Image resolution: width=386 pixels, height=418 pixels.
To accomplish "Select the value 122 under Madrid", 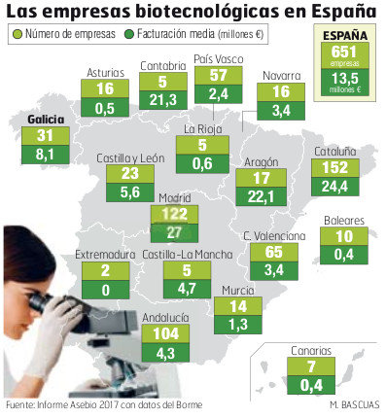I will click(175, 213).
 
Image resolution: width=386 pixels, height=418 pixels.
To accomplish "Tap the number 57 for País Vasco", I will click(218, 75).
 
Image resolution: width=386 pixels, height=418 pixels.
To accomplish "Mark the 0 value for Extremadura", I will click(104, 290).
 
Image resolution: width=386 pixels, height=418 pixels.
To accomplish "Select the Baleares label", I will click(344, 220).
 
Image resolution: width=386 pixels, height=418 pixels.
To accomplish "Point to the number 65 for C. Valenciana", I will click(275, 251).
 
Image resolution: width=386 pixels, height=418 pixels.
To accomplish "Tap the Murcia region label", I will click(237, 290).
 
